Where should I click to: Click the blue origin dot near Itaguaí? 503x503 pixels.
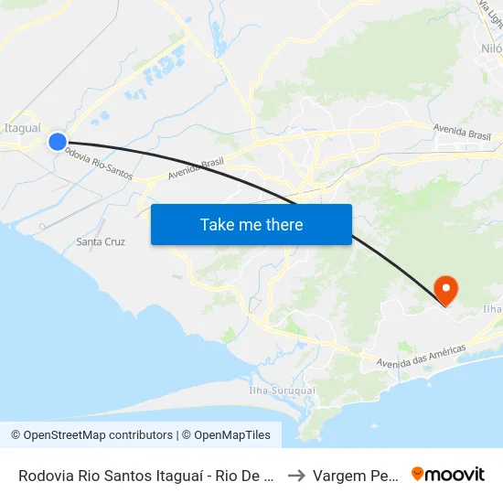pos(57,141)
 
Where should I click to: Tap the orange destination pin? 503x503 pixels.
pos(446,289)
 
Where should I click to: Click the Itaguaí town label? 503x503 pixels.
pos(22,128)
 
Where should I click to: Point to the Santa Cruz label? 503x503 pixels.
pos(101,242)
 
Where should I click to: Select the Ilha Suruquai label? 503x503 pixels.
pos(282,391)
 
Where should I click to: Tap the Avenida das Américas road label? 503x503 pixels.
pos(422,357)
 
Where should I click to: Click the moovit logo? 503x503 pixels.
pos(447,475)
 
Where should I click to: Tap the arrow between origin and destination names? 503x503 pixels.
pos(295,476)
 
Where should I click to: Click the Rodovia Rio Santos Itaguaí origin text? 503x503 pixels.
pos(146,476)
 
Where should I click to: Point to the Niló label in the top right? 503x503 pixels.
pos(491,48)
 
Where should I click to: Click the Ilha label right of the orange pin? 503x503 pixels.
pos(492,309)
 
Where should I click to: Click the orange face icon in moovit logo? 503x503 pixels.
pos(418,475)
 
